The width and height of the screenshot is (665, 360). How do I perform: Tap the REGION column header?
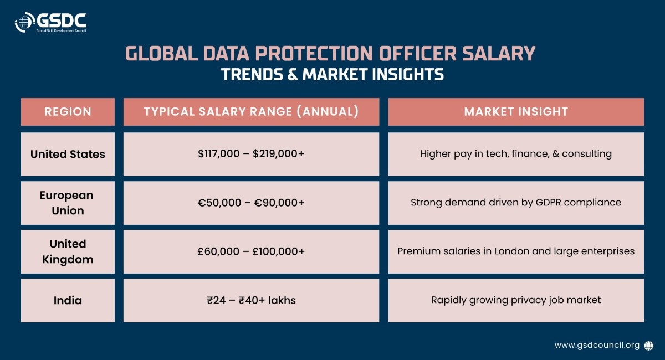pos(68,111)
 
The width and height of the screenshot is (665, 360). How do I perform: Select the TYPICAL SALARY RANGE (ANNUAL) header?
pos(251,111)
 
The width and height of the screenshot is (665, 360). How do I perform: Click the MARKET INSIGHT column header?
pos(516,111)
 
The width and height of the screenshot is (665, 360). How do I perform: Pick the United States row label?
pos(68,154)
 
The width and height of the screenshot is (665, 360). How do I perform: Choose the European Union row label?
pos(68,203)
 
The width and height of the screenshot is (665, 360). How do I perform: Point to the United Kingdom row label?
pos(68,251)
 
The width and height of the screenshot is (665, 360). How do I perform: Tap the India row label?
pos(68,300)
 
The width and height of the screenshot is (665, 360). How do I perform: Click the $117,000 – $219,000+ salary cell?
pos(251,154)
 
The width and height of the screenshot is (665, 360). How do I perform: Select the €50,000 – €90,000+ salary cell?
pos(251,203)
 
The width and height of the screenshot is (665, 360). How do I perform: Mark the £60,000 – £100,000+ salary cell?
pos(251,251)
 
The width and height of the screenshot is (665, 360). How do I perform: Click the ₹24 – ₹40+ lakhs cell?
pos(251,300)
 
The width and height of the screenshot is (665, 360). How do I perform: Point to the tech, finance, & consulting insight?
pos(516,154)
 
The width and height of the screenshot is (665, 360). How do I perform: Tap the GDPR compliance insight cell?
pos(516,203)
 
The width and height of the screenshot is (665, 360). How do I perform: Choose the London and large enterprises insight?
pos(516,251)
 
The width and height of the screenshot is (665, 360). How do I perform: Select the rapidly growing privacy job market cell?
pos(516,300)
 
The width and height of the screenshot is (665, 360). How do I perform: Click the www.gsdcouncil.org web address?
pos(597,345)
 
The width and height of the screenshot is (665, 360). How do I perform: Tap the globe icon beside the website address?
pos(649,345)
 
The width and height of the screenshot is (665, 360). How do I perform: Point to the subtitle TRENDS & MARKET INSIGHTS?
pos(332,74)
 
